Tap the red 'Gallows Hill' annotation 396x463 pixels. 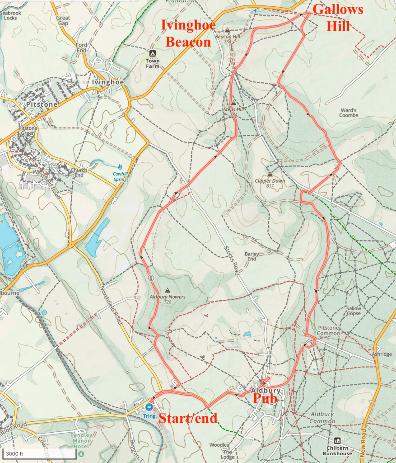pos(338,18)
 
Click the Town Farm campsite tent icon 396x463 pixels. pos(153,53)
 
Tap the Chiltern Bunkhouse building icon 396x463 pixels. pos(337,440)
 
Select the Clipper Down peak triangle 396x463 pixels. pos(270,175)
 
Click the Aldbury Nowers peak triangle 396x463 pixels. pos(168,290)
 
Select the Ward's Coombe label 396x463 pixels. pos(349,113)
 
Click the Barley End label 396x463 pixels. pos(252,256)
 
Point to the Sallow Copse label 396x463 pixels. pos(354,311)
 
